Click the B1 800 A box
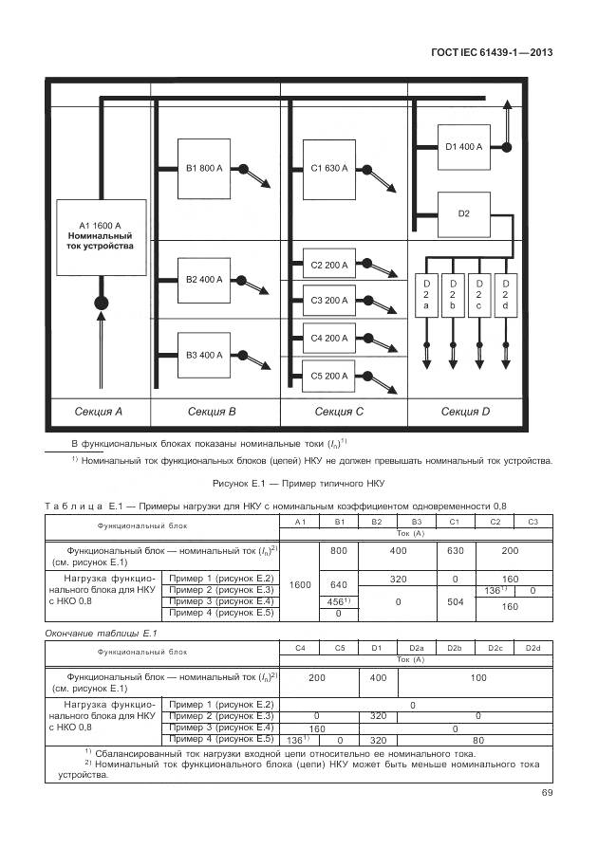pyautogui.click(x=204, y=169)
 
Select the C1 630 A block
pyautogui.click(x=329, y=169)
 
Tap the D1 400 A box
pyautogui.click(x=463, y=147)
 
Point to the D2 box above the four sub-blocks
pyautogui.click(x=463, y=214)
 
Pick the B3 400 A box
pyautogui.click(x=204, y=356)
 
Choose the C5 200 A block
pyautogui.click(x=329, y=377)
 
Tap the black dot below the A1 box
pyautogui.click(x=100, y=304)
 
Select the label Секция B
pyautogui.click(x=212, y=412)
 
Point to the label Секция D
pyautogui.click(x=465, y=412)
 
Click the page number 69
pyautogui.click(x=547, y=793)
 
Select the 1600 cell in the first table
pyautogui.click(x=300, y=584)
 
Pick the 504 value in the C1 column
pyautogui.click(x=454, y=601)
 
